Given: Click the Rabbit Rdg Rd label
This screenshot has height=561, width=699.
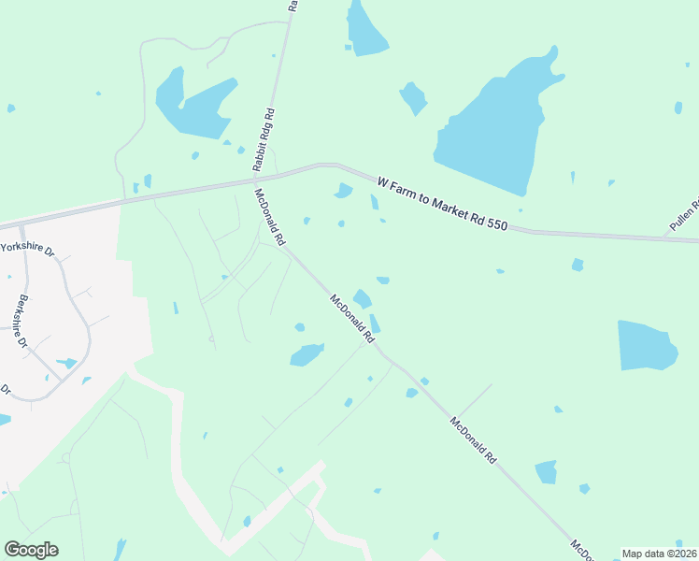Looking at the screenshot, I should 264,139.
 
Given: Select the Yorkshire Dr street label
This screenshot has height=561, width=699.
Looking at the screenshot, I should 28,250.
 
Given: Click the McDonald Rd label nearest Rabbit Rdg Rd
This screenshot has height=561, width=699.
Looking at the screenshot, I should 269,217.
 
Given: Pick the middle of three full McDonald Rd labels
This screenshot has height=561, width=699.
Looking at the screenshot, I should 352,317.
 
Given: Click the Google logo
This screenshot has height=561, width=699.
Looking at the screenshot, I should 31,550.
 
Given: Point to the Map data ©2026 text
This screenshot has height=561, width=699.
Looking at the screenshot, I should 659,554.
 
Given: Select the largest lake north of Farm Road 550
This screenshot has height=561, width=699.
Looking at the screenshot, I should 491,126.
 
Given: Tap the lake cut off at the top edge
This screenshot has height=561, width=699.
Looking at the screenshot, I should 365,28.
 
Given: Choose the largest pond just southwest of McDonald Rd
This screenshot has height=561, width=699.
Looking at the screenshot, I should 306,354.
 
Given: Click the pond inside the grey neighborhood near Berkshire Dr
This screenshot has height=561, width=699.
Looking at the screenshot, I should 66,363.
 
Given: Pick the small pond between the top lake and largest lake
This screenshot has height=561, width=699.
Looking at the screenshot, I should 413,97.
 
